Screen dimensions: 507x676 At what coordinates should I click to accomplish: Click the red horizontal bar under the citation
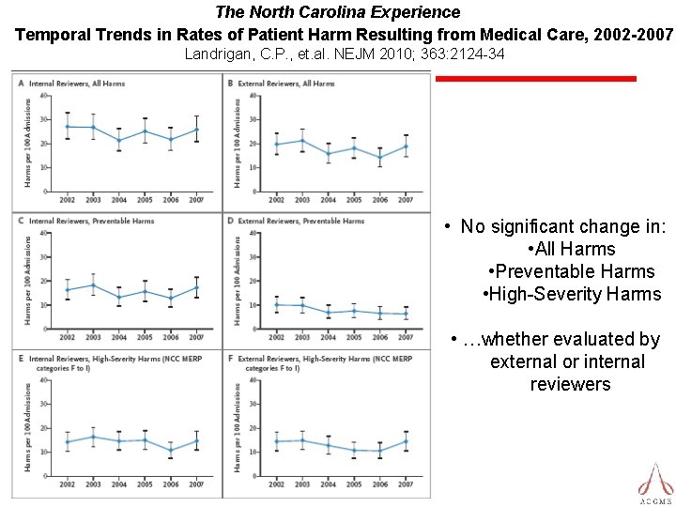coord(536,79)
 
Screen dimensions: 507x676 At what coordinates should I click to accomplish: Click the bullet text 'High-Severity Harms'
coord(572,295)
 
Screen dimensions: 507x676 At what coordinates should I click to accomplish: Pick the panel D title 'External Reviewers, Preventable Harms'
coord(300,221)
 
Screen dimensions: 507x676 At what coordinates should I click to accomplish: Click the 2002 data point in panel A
coord(67,126)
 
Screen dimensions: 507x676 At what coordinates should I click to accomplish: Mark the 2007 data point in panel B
coord(405,146)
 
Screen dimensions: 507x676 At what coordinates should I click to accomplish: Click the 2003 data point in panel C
coord(92,284)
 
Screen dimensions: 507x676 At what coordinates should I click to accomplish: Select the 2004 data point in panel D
coord(328,313)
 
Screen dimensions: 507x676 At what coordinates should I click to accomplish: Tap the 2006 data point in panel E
coord(170,451)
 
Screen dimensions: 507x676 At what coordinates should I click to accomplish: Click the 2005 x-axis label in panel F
coord(353,483)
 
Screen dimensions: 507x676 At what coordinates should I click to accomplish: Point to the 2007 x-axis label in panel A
coord(195,200)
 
